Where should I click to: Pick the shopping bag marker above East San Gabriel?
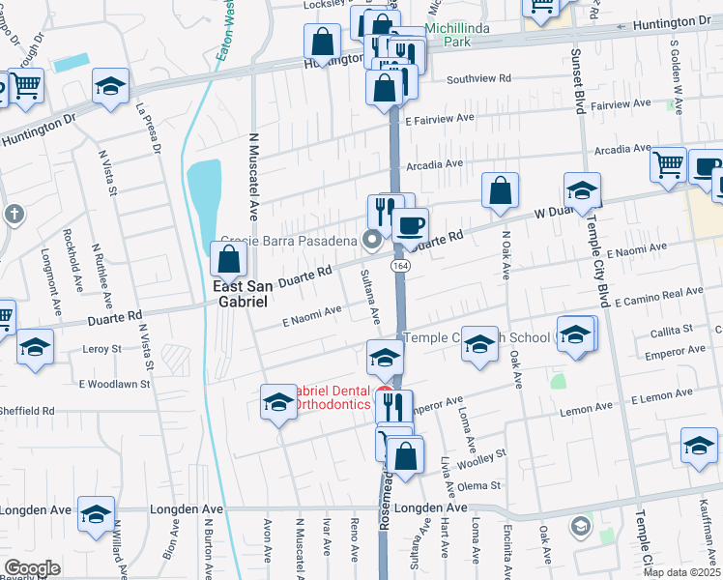click(x=229, y=260)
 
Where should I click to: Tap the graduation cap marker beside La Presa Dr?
click(x=111, y=87)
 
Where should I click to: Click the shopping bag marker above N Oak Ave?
click(x=500, y=191)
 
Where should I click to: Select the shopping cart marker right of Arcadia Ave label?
click(x=668, y=165)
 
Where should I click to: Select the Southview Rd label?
click(x=476, y=80)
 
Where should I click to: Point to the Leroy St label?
click(x=101, y=348)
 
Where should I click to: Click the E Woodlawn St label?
click(x=114, y=384)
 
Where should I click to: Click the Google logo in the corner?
click(x=32, y=568)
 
